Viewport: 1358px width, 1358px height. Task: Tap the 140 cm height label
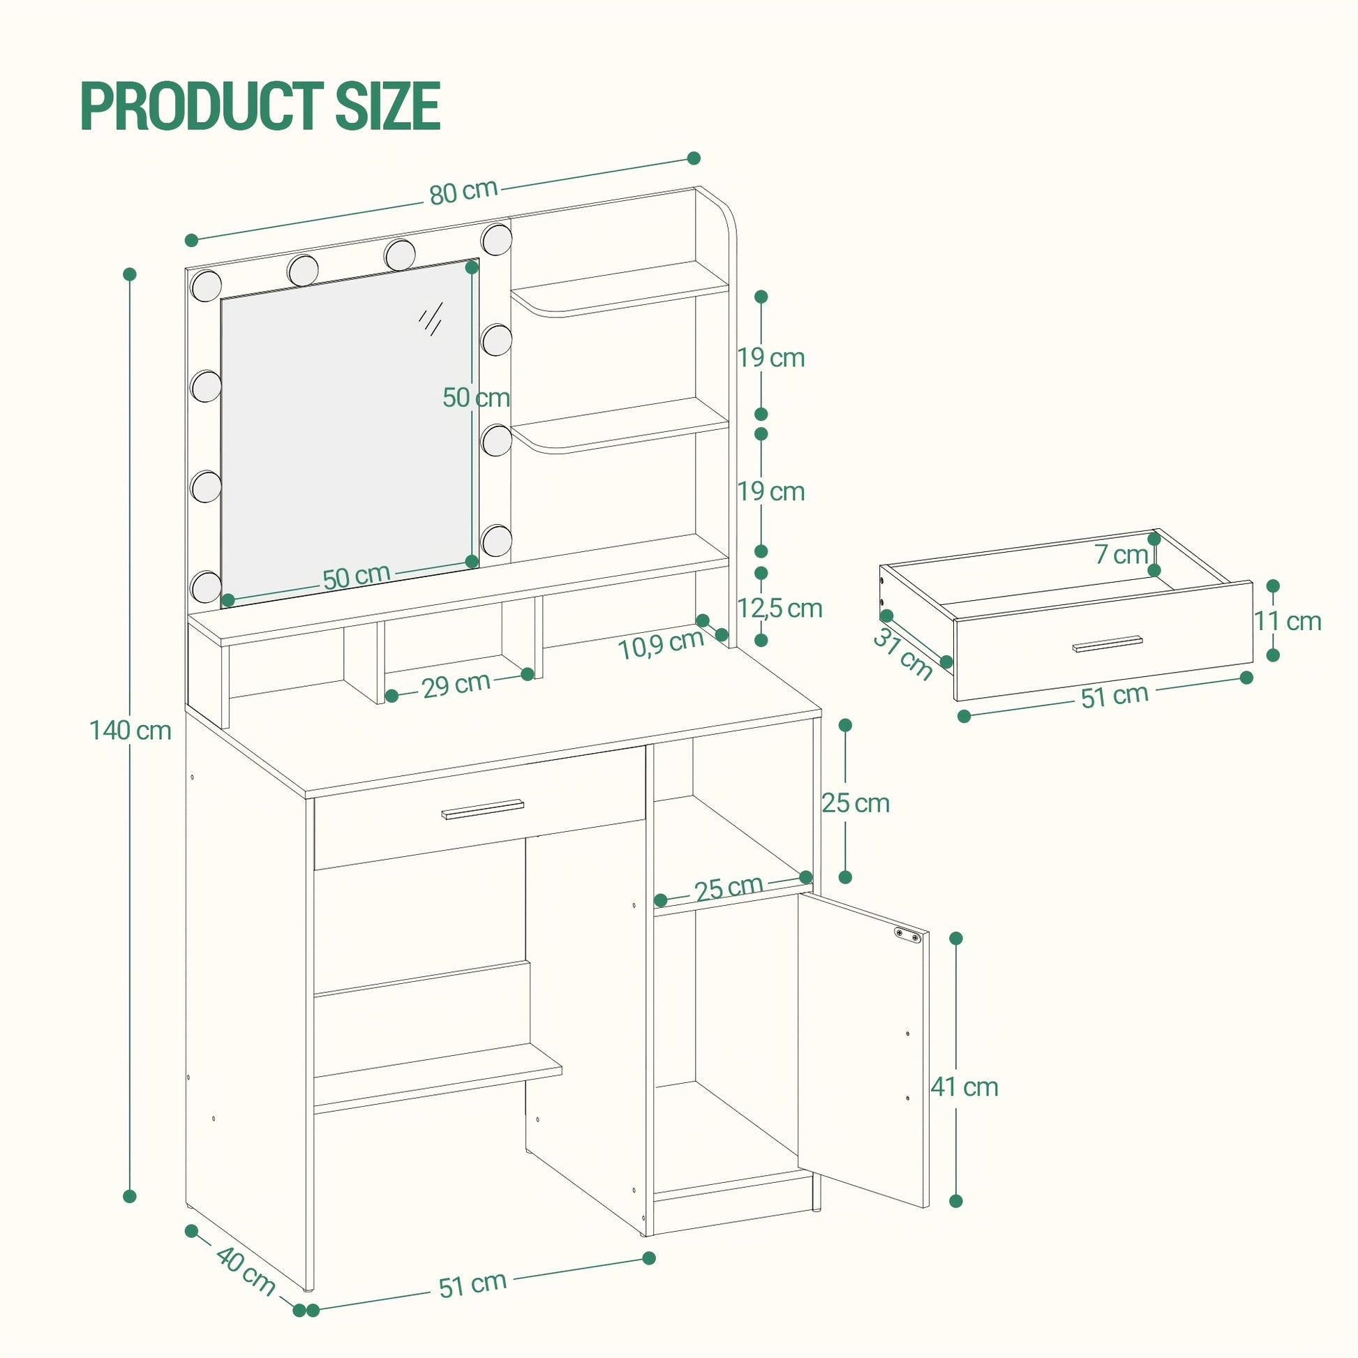click(130, 731)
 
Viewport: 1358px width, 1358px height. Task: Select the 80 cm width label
click(463, 191)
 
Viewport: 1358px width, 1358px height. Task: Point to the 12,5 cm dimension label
click(779, 608)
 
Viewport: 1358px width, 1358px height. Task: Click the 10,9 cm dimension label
click(661, 644)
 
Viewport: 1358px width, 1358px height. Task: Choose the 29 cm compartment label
click(456, 684)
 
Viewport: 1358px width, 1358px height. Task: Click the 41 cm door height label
click(964, 1087)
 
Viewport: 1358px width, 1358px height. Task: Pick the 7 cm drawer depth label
click(1121, 555)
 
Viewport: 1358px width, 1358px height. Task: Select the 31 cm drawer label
click(903, 654)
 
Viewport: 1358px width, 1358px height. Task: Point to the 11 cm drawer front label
click(1288, 621)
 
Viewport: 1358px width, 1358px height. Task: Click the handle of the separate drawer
click(1107, 644)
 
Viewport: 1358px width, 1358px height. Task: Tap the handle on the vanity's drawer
click(483, 809)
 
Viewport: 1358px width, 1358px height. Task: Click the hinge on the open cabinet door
click(907, 935)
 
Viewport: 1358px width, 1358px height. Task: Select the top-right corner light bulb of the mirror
click(497, 239)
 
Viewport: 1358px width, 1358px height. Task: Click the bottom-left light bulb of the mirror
click(206, 586)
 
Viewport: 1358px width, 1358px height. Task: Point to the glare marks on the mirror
click(430, 318)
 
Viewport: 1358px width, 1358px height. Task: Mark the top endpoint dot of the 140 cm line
click(129, 274)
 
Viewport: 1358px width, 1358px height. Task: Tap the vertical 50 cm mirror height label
click(476, 398)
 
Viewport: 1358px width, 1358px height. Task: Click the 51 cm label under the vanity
click(472, 1284)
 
